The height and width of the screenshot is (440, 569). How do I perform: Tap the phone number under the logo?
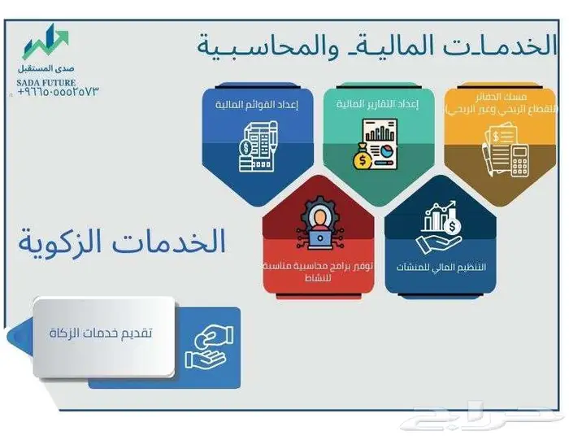tap(57, 92)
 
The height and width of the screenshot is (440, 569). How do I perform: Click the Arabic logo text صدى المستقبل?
tap(46, 70)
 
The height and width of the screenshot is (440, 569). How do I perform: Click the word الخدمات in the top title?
tap(497, 45)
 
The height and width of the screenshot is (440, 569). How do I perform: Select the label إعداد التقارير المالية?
tap(366, 105)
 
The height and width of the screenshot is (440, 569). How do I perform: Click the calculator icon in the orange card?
tap(519, 159)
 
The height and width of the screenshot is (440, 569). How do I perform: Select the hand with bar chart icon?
tap(439, 227)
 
